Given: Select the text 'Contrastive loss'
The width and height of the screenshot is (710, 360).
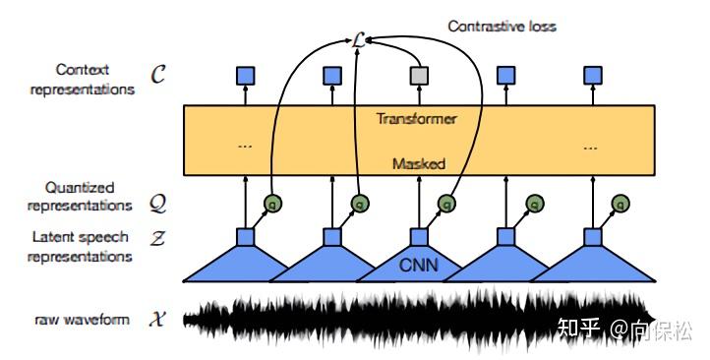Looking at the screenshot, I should point(502,26).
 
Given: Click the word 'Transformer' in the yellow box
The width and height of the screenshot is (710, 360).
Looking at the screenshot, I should point(416,119).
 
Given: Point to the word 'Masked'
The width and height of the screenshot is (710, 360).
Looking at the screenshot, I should point(418,163).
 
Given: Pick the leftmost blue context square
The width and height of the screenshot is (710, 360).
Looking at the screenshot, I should point(245,75).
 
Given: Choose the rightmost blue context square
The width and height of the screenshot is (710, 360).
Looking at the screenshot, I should point(592,75).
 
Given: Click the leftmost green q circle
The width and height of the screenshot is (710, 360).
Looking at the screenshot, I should point(273,205).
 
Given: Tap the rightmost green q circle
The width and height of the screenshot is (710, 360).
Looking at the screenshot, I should point(621,205).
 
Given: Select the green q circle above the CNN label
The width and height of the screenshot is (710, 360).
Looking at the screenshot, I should point(447,205).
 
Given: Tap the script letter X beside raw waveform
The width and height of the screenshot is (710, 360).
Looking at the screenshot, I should point(157,320).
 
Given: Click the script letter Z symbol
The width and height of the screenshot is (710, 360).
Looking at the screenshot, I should point(157,238).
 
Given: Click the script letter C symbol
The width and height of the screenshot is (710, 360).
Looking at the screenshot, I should point(157,75).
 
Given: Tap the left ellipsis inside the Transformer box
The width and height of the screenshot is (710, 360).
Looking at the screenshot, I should point(244,145).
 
